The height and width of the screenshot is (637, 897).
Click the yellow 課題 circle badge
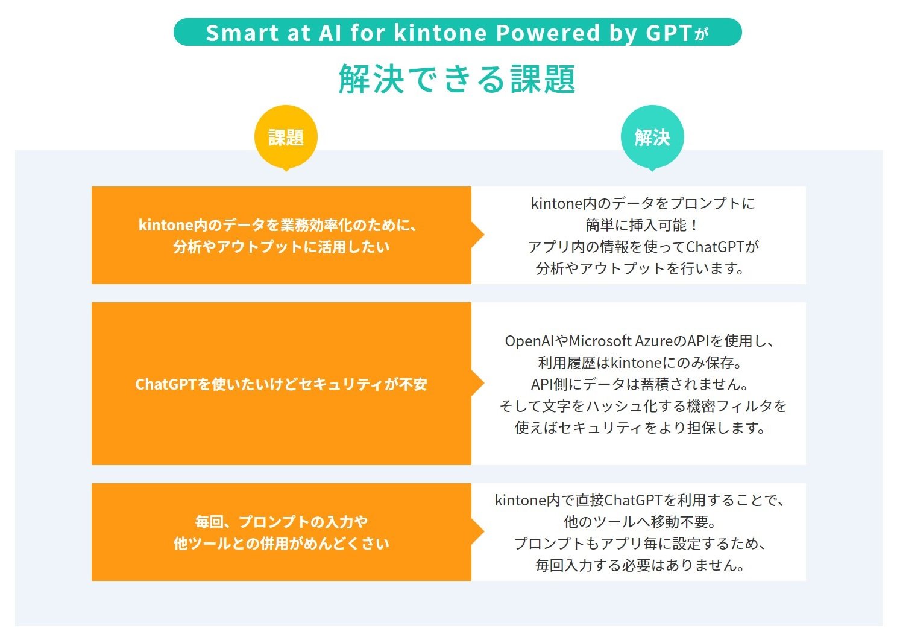[x=286, y=137]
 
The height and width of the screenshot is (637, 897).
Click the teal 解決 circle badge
[x=652, y=137]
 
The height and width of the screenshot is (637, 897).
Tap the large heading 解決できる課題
[x=457, y=79]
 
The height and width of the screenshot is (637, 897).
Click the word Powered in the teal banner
[x=548, y=33]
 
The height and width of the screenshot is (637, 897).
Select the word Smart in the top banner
[x=242, y=33]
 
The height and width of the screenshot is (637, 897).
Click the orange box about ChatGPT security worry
[x=282, y=384]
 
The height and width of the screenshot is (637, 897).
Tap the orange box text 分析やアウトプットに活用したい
[x=282, y=247]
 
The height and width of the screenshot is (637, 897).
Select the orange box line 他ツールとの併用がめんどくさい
[x=282, y=544]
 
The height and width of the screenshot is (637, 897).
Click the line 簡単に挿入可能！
[x=643, y=225]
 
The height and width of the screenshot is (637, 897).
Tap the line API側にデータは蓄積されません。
[x=640, y=384]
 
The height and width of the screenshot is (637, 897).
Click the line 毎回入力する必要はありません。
[x=640, y=565]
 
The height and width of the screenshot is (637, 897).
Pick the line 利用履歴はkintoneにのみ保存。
[x=640, y=363]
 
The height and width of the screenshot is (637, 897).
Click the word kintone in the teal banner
[x=440, y=33]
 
